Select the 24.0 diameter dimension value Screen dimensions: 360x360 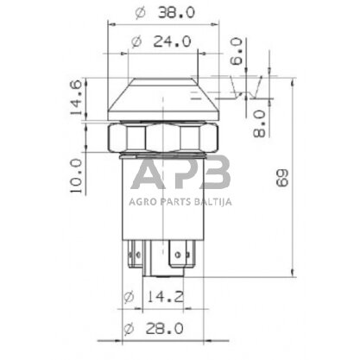pyautogui.click(x=172, y=41)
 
